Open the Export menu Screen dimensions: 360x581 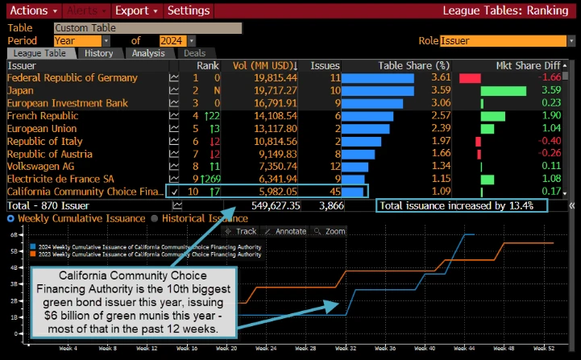click(x=136, y=10)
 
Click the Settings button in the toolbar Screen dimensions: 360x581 click(x=189, y=10)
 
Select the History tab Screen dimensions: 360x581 click(x=99, y=53)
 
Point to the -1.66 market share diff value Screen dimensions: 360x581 click(x=551, y=78)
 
